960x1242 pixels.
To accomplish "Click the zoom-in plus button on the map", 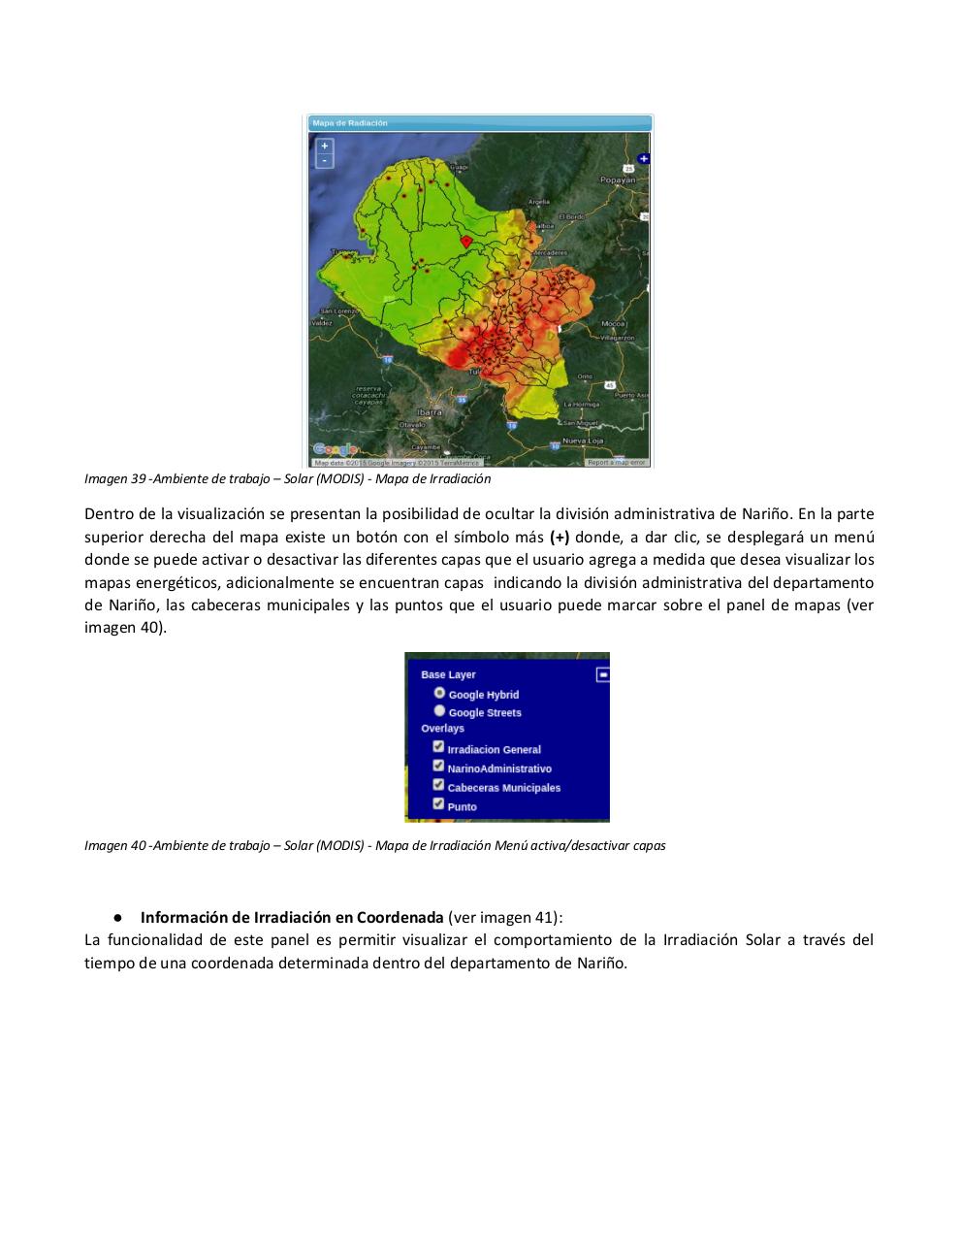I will [x=325, y=146].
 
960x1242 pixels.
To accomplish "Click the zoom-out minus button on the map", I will [x=325, y=160].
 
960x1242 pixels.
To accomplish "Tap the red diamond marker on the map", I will [x=465, y=241].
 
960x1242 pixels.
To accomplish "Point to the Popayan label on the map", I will [x=618, y=180].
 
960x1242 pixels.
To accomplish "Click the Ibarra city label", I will [x=429, y=412].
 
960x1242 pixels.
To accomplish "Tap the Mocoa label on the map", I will [x=614, y=323].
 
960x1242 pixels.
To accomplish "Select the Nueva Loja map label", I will [x=584, y=441].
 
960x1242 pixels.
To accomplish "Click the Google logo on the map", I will [x=335, y=449].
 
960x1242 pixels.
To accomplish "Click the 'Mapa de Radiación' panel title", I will [x=350, y=123].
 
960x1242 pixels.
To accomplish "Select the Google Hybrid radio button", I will [x=439, y=693].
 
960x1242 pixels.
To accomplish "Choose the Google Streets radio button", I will [x=439, y=710].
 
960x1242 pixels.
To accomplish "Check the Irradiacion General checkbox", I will [x=438, y=747].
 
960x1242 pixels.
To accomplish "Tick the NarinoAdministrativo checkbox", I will [x=438, y=766].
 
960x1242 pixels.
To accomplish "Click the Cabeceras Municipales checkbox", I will [x=438, y=785].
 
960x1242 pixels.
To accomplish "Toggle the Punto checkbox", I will [x=438, y=803].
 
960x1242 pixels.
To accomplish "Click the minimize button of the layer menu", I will [x=602, y=673].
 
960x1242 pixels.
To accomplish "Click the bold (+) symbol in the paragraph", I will [x=560, y=537].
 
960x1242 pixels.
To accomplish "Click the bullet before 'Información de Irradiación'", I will [x=116, y=917].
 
